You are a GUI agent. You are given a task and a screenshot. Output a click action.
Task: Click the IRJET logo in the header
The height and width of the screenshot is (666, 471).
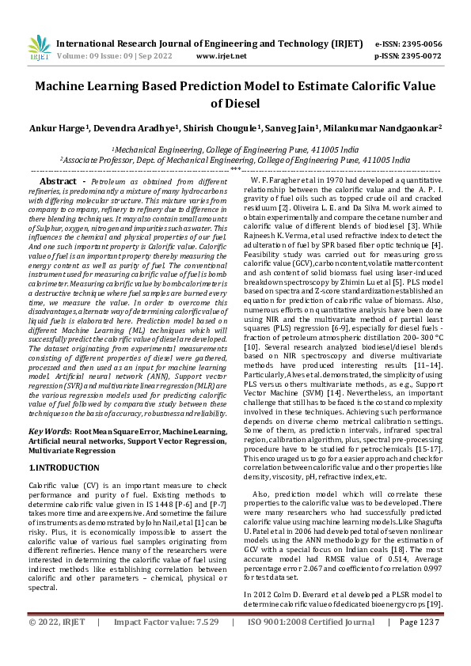[38, 48]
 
